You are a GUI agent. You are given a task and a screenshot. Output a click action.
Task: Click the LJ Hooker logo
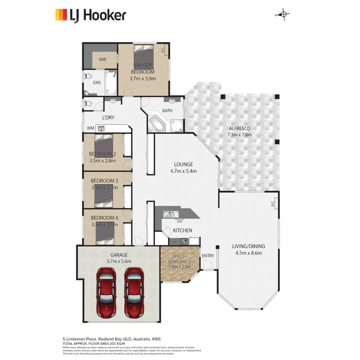pos(90,15)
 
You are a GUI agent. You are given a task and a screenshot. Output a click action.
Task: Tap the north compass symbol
pos(284,15)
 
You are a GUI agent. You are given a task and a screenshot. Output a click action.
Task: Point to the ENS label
pos(97,83)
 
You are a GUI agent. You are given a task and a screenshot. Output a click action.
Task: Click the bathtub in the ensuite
pos(111,82)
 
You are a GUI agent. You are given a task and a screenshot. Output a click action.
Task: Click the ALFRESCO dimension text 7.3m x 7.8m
pos(240,135)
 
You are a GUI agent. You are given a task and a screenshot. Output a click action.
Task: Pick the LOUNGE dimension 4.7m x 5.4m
pos(183,171)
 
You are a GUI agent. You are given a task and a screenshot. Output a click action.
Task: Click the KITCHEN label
pos(182,231)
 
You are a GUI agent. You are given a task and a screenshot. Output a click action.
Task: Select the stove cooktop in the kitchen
pos(184,241)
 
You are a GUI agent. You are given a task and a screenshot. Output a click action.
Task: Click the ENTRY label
pos(208,256)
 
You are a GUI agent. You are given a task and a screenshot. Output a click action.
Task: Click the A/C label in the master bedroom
pos(162,50)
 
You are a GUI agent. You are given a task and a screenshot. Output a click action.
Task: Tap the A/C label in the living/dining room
pos(272,204)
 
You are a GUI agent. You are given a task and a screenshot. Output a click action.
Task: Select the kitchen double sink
pos(170,214)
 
